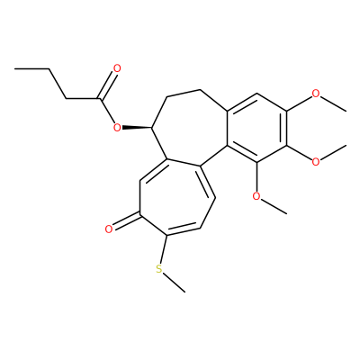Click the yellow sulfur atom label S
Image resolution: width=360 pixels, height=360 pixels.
159,269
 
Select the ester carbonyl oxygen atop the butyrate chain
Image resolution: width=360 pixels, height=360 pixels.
117,68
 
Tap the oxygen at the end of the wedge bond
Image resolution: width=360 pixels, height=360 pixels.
117,128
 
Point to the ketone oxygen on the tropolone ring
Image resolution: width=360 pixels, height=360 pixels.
109,229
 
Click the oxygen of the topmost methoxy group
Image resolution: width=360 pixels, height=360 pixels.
316,94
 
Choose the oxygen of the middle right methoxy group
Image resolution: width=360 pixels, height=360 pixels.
316,162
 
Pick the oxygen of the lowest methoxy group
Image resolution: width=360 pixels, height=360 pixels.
256,196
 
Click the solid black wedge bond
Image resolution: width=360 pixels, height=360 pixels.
137,128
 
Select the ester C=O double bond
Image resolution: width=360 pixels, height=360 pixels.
106,85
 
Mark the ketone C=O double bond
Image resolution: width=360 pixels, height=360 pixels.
127,220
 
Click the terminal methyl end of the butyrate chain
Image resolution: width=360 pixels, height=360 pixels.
15,69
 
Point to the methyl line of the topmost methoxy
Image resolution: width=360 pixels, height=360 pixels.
333,103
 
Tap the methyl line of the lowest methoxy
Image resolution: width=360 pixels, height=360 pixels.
274,206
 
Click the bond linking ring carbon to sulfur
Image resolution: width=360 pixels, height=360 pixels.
164,249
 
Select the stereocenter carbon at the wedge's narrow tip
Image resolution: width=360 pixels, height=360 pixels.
152,128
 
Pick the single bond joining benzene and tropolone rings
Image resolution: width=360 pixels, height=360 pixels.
213,156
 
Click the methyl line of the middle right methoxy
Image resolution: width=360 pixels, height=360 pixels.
333,152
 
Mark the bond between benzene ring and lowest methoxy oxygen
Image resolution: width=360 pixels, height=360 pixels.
256,177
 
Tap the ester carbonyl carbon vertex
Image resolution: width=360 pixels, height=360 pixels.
99,99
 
